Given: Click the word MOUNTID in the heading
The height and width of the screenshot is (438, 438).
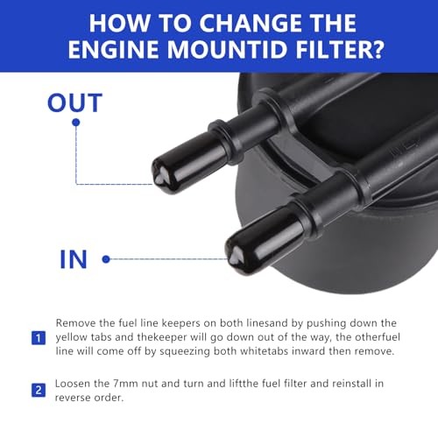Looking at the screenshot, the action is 229,49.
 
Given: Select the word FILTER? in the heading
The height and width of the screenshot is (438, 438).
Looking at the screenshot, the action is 340,49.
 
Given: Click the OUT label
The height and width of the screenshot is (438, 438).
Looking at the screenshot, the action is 74,102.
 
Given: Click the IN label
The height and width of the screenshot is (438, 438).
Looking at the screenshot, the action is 74,259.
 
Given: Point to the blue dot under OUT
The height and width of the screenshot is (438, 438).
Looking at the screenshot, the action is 76,123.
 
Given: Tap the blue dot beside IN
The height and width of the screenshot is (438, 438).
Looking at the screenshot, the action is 106,259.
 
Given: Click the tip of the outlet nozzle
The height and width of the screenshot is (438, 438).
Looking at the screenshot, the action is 159,177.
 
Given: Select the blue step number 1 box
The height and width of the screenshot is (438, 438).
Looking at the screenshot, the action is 39,338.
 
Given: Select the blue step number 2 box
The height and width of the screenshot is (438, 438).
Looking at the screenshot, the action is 39,391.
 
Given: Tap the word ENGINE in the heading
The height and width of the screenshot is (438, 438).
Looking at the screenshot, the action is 113,49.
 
